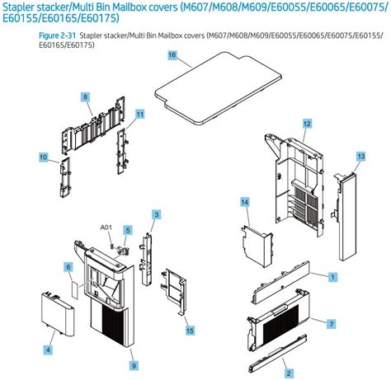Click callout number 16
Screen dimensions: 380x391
click(172, 54)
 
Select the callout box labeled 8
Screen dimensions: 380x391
click(85, 97)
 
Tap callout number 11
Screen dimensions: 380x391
click(140, 114)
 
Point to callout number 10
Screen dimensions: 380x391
click(43, 156)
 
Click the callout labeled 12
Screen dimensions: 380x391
click(307, 123)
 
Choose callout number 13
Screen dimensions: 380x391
click(360, 155)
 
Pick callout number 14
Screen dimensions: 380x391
click(244, 202)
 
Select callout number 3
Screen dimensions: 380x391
click(156, 214)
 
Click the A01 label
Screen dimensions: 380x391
click(106, 227)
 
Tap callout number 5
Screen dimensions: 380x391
click(128, 229)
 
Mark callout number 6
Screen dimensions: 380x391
click(68, 267)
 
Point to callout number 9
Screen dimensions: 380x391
click(133, 364)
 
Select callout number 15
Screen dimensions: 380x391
click(190, 331)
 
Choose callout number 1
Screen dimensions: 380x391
click(332, 276)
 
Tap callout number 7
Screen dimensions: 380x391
click(330, 323)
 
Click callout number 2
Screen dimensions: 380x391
click(288, 373)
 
